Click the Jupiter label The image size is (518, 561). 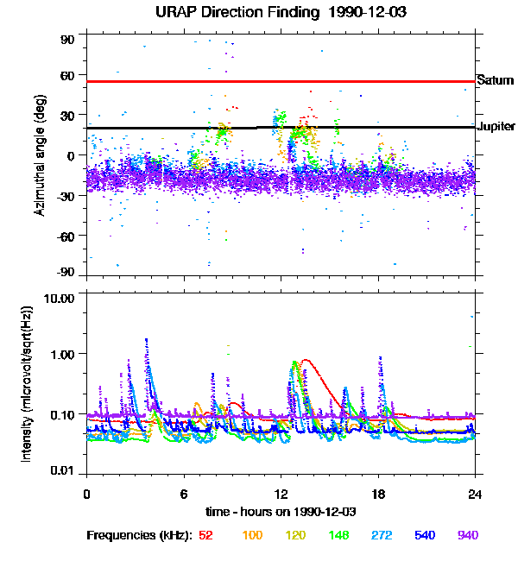pyautogui.click(x=496, y=127)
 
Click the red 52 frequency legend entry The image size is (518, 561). pyautogui.click(x=205, y=535)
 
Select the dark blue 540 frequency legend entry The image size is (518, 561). pyautogui.click(x=424, y=535)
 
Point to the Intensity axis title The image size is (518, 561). pyautogui.click(x=27, y=383)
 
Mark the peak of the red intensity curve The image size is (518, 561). pyautogui.click(x=306, y=360)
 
